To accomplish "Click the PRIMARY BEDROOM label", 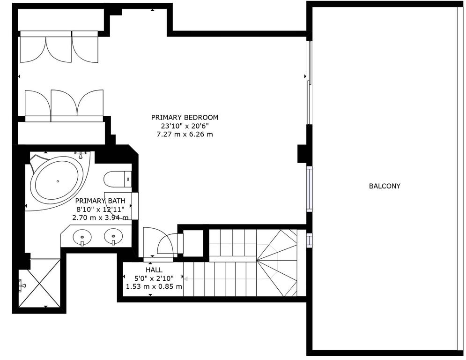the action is point(185,118).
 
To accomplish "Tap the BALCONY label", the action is point(385,186).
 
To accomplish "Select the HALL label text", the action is point(154,270).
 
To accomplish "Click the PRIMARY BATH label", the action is point(100,201).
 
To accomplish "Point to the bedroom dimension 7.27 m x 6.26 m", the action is point(185,134).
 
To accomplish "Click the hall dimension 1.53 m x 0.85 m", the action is point(154,287).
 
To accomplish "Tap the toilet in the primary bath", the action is point(118,180).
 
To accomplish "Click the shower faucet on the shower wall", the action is point(22,285).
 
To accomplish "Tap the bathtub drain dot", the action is point(58,181).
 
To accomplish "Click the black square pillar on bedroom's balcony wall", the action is point(302,154).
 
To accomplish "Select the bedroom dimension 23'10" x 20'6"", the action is point(185,126).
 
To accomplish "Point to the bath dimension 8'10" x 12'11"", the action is point(100,209).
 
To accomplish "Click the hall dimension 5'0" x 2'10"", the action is point(154,278).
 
